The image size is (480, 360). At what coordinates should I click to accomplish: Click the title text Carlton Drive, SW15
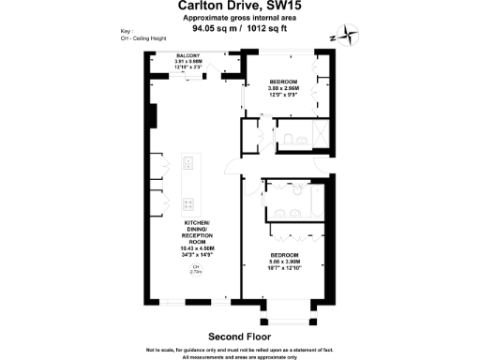pyautogui.click(x=240, y=7)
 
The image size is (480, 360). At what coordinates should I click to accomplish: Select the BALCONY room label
pyautogui.click(x=187, y=55)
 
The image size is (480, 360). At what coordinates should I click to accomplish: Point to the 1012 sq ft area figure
pyautogui.click(x=271, y=29)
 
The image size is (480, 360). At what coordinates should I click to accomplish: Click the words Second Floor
pyautogui.click(x=239, y=335)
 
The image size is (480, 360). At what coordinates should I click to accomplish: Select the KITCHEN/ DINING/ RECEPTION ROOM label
pyautogui.click(x=197, y=231)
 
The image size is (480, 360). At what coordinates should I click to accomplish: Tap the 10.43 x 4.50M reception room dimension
pyautogui.click(x=197, y=247)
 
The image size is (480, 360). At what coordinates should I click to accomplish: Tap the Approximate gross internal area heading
pyautogui.click(x=240, y=19)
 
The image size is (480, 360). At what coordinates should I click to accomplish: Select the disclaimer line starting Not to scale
pyautogui.click(x=240, y=349)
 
